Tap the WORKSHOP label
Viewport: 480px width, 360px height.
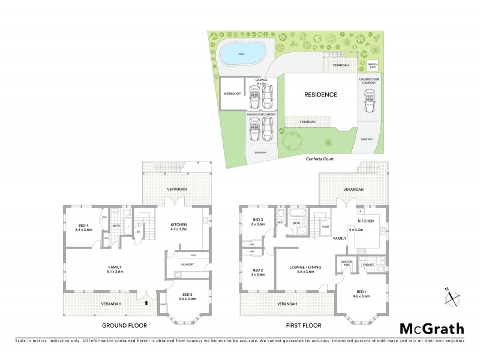click(x=232, y=94)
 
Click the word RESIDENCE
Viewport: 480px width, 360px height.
click(x=320, y=95)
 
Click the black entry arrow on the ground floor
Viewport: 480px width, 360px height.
click(x=145, y=303)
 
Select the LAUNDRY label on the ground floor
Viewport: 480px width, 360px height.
click(x=187, y=263)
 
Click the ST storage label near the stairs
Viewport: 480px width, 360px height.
click(x=138, y=230)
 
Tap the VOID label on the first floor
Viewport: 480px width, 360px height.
click(x=325, y=227)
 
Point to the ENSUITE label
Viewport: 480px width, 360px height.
click(x=370, y=264)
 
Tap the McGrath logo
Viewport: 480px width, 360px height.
click(x=431, y=328)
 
